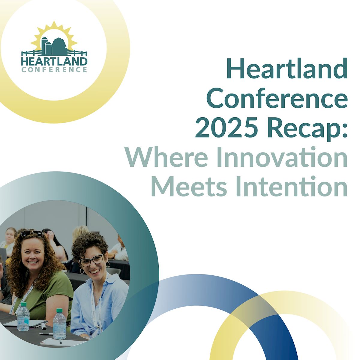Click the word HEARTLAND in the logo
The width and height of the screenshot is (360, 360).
[x=54, y=61]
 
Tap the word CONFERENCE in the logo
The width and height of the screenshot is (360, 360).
[x=54, y=70]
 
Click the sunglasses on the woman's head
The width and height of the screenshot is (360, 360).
[x=31, y=233]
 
